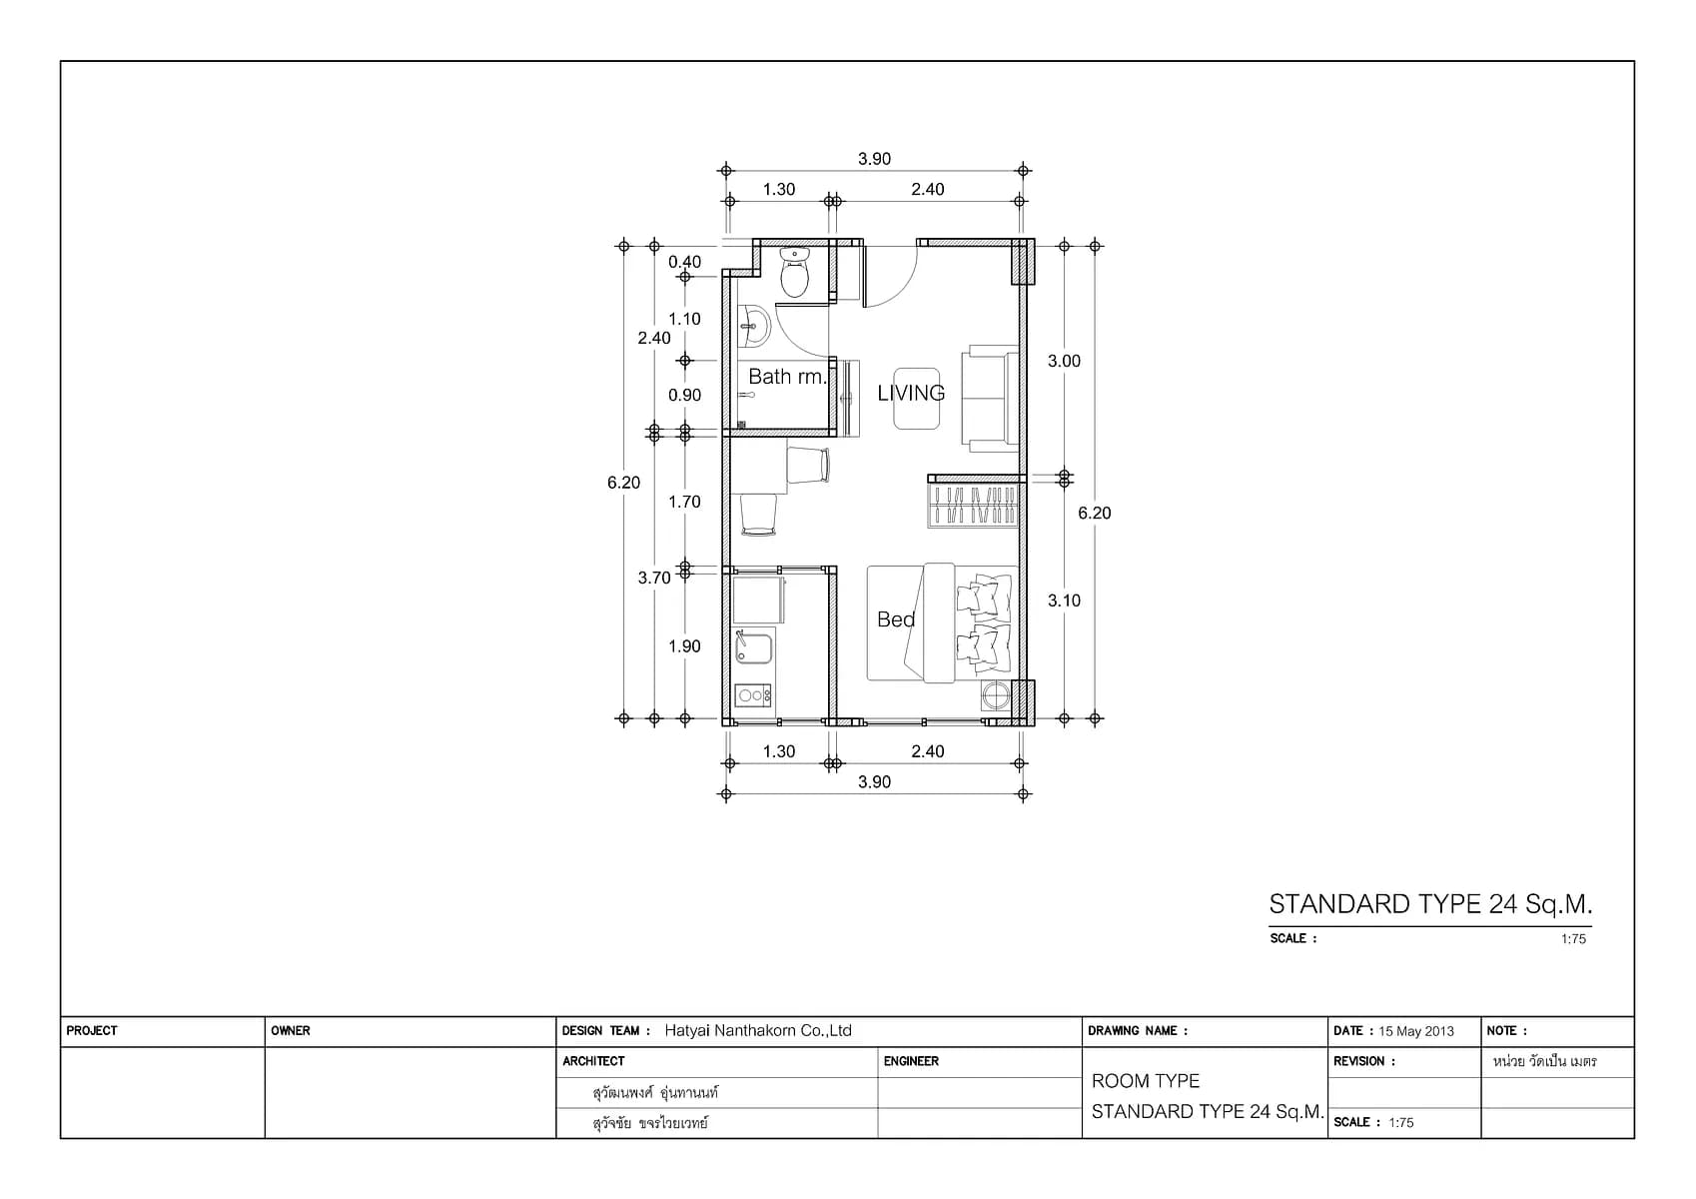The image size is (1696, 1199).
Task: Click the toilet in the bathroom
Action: pos(794,273)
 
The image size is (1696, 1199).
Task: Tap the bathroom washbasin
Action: pos(753,327)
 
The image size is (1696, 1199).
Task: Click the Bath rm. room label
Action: pos(787,377)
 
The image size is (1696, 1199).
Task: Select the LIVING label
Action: pos(911,393)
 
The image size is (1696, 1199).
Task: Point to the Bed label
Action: pos(896,619)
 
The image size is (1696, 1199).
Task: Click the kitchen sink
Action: pos(753,647)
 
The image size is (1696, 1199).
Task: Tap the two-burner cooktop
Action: pos(752,695)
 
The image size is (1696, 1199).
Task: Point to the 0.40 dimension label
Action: pos(684,262)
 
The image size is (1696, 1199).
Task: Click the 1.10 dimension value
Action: pos(684,319)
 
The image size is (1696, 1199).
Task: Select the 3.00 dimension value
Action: pos(1064,362)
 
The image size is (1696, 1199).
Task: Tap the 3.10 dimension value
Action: pos(1064,600)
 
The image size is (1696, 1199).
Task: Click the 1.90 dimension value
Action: pos(684,646)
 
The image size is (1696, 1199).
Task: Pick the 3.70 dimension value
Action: pos(654,578)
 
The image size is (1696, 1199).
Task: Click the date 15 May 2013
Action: pos(1416,1031)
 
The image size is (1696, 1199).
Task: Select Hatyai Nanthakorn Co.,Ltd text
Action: pos(758,1031)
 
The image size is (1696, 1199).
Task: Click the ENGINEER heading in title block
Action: pos(911,1061)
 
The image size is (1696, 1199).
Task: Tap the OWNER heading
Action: pos(291,1031)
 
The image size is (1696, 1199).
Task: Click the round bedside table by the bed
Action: pos(996,695)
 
